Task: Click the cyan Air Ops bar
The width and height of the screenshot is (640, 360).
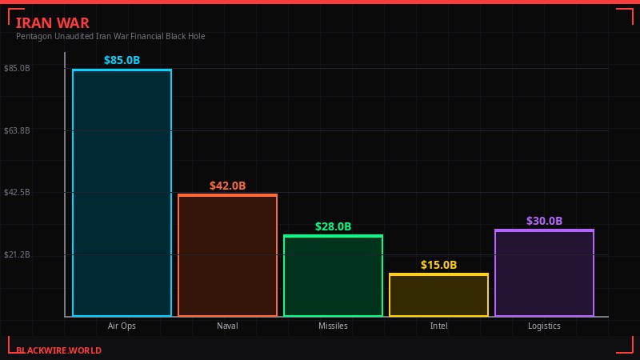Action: click(x=122, y=193)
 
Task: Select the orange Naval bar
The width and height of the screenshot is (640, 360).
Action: click(x=227, y=255)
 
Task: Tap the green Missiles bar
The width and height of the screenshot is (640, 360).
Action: click(x=333, y=276)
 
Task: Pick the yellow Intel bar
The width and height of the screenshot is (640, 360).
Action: click(x=438, y=295)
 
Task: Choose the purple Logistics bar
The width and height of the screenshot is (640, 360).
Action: click(x=544, y=273)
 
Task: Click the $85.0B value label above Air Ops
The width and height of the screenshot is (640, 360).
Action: click(x=122, y=60)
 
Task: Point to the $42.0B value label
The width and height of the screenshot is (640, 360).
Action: click(x=227, y=186)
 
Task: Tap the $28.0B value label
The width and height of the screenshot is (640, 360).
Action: click(x=333, y=226)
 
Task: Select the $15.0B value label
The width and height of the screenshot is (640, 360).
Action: click(x=438, y=265)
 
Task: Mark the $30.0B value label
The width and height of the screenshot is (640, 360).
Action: click(x=544, y=221)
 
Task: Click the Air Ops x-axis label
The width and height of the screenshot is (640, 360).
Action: click(x=122, y=326)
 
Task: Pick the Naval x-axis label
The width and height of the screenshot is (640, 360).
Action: click(x=227, y=326)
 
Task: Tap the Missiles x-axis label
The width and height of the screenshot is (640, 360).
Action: click(x=333, y=326)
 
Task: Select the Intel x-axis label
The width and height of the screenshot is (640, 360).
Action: click(x=438, y=326)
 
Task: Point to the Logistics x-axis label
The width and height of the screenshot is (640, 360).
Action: click(x=544, y=326)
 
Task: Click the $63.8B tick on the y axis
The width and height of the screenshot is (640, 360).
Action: click(x=17, y=130)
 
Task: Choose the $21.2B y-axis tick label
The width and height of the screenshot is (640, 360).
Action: click(x=17, y=255)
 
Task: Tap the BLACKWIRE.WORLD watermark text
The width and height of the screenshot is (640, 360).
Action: click(x=58, y=350)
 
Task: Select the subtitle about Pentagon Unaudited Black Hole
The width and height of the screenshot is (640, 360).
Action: click(x=110, y=36)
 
